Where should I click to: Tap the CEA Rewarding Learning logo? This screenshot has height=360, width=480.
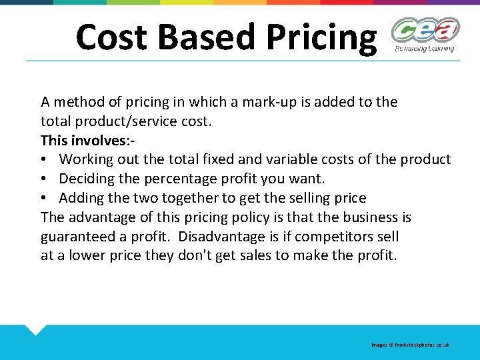click(425, 35)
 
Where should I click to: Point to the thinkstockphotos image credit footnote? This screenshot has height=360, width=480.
click(411, 345)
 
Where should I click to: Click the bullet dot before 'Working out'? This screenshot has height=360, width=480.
click(44, 160)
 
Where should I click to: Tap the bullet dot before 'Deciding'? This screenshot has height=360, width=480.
click(44, 179)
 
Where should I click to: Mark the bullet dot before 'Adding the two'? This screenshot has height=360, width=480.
click(44, 199)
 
